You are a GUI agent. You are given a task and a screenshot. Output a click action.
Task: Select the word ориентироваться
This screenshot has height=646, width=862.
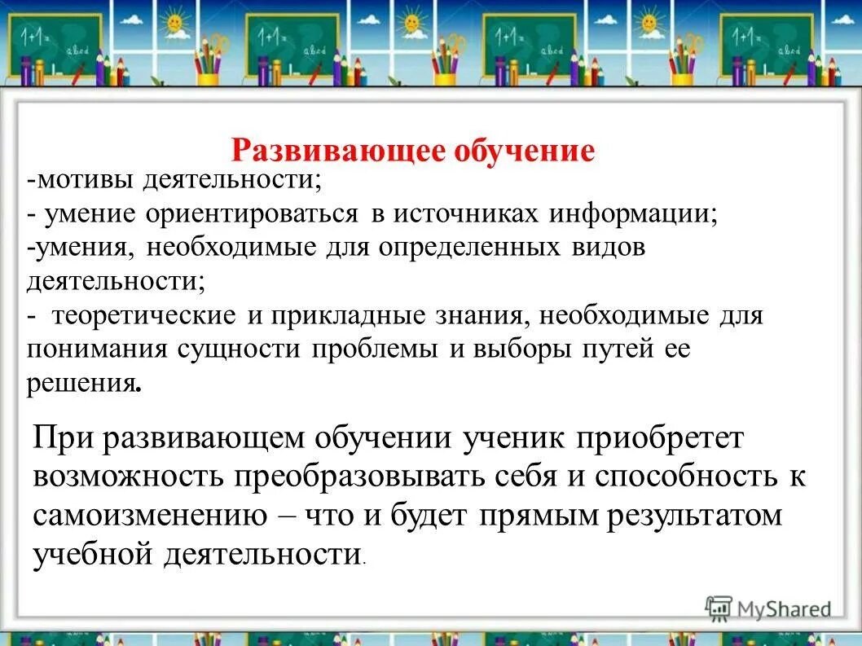pos(253,213)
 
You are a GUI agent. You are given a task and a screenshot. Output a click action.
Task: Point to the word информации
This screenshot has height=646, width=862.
pos(632,213)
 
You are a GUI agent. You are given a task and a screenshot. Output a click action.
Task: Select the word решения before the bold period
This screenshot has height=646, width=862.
pos(80,384)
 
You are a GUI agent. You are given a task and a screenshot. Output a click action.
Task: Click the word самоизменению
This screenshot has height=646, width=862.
pos(149,516)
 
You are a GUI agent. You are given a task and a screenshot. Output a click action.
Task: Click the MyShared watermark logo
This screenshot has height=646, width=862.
pos(769,608)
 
